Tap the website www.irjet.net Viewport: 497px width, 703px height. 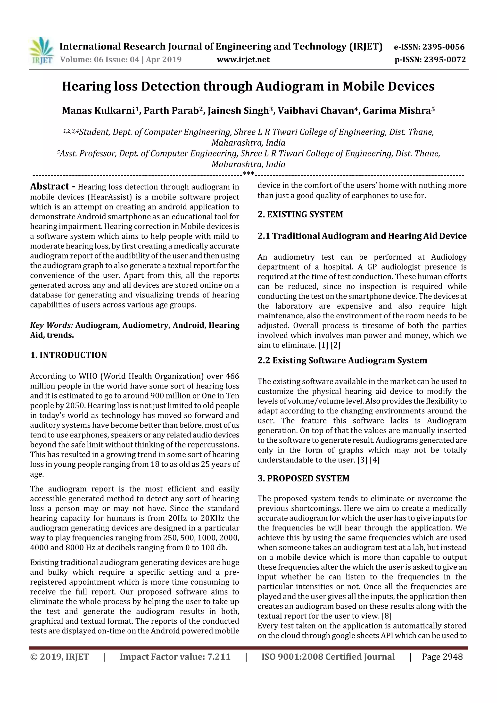243,59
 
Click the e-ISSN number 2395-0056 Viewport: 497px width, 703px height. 443,47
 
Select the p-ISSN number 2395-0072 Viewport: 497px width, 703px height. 444,59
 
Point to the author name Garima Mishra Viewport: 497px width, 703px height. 397,110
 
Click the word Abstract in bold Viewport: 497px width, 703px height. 50,186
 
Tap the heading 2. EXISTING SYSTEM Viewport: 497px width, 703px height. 300,214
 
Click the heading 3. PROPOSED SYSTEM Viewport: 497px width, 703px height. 303,478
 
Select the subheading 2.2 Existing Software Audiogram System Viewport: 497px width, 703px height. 342,360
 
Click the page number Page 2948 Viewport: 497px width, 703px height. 442,656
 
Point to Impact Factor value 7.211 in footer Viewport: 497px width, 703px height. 175,656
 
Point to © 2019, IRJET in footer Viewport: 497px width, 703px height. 59,656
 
